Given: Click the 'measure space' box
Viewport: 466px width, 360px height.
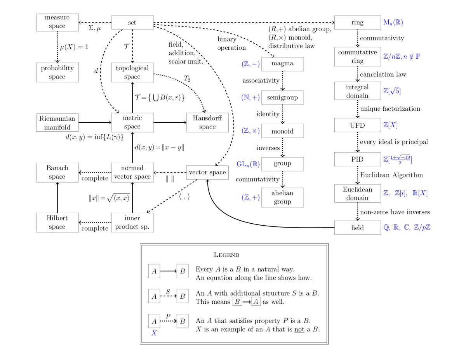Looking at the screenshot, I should (x=57, y=22).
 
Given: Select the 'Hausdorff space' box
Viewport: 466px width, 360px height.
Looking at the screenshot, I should (x=207, y=122).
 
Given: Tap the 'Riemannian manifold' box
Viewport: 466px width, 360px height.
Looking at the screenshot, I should (x=57, y=122).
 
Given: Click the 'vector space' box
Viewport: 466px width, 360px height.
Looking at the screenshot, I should (x=207, y=172).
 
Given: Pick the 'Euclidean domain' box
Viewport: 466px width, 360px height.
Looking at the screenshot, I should (x=357, y=193).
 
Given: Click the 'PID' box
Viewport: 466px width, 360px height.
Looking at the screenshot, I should (x=357, y=159).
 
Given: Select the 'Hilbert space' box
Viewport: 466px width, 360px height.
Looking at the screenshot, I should (x=57, y=223).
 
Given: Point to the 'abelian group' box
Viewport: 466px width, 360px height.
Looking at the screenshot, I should (x=282, y=197).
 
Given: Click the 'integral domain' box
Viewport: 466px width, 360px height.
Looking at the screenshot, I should (x=357, y=91).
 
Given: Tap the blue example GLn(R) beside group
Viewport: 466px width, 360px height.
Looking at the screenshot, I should (x=248, y=163).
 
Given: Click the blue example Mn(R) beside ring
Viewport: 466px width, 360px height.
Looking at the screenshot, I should (x=393, y=22).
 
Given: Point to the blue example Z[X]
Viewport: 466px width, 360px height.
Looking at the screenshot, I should (x=390, y=125).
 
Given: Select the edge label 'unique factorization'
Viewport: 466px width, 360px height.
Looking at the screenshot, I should (x=390, y=108).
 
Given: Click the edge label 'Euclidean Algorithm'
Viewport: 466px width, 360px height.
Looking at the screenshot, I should (x=391, y=175).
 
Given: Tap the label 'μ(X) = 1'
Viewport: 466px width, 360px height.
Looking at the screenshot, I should (x=74, y=47).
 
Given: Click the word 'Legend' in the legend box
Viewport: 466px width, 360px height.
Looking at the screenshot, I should (x=227, y=255).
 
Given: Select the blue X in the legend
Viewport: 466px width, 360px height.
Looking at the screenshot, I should (x=154, y=333).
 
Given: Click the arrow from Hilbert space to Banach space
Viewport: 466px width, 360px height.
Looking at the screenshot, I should (x=57, y=197).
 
